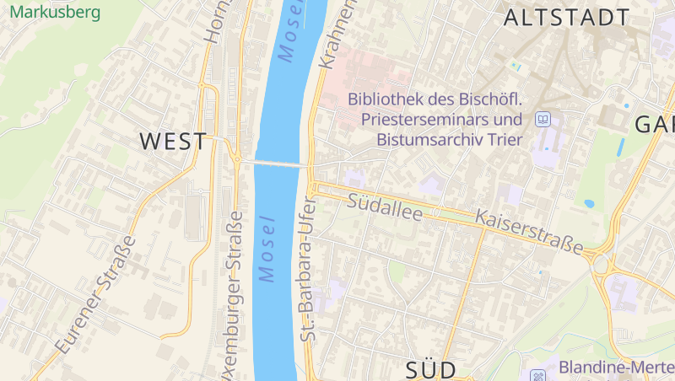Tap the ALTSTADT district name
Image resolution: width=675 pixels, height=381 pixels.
coord(566,18)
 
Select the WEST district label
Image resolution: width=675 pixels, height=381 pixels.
coord(173,141)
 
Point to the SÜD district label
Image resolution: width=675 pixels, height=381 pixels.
coord(430,369)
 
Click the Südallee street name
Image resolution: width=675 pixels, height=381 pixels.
coord(385,207)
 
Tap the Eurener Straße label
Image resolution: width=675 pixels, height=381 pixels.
coord(94,294)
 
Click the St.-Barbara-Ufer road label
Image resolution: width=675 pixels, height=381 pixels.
coord(307,268)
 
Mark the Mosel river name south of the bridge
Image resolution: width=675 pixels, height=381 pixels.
coord(268,250)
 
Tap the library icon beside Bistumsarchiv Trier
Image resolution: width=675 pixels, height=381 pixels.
coord(543,120)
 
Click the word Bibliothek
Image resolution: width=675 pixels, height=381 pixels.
coord(388,99)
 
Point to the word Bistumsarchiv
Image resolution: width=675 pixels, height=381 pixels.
coord(429,140)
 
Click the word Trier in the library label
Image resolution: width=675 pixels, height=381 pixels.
coord(505,140)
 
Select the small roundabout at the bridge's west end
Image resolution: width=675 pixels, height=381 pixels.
coord(237,158)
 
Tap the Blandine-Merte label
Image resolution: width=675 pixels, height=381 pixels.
coord(616,368)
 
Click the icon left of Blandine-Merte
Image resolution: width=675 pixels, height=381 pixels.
coord(538,373)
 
